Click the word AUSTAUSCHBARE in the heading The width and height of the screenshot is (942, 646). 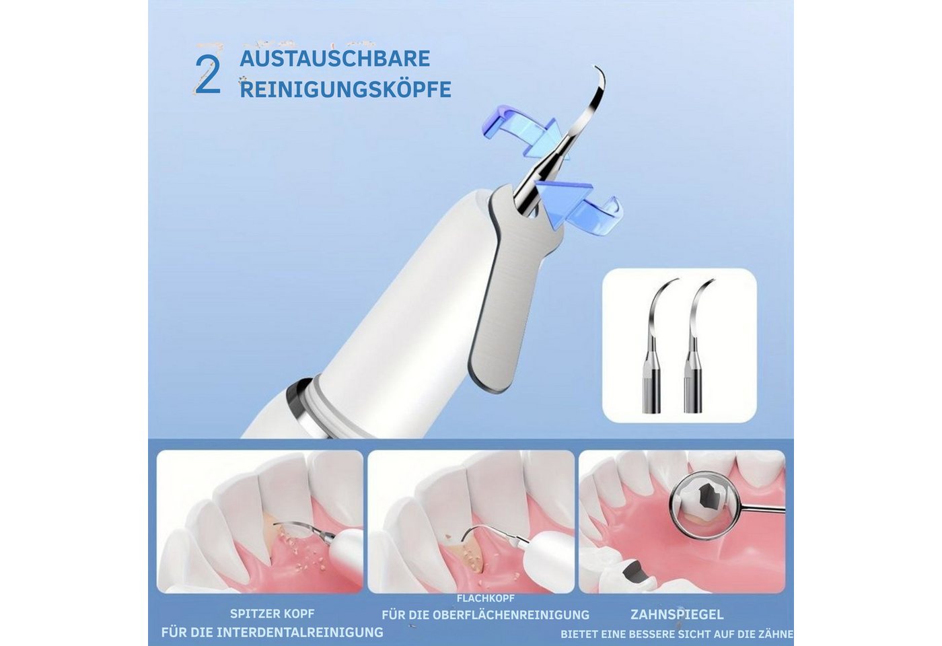click(x=335, y=59)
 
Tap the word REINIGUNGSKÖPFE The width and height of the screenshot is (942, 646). click(x=345, y=89)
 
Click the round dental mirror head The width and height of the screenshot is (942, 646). click(x=703, y=510)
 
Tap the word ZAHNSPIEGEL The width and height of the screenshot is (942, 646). click(x=677, y=614)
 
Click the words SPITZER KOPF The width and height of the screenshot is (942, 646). click(x=272, y=614)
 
